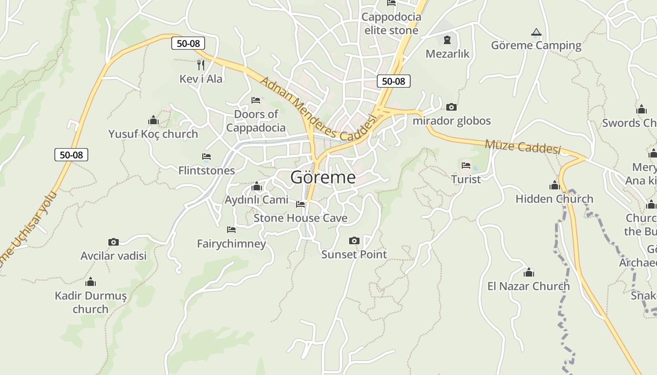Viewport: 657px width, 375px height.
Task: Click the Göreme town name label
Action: pyautogui.click(x=323, y=177)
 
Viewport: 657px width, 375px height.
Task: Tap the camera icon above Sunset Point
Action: pyautogui.click(x=354, y=241)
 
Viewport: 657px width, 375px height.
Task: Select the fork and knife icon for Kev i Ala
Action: pyautogui.click(x=201, y=65)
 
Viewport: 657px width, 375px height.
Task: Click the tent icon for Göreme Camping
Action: pyautogui.click(x=536, y=32)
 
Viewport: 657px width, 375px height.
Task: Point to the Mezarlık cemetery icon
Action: pyautogui.click(x=447, y=40)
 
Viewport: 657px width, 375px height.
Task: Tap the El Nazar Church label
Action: pyautogui.click(x=528, y=286)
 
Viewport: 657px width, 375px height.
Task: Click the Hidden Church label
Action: pyautogui.click(x=554, y=199)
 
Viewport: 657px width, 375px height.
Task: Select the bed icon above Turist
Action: pyautogui.click(x=466, y=165)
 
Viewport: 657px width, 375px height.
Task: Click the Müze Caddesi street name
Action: pyautogui.click(x=522, y=146)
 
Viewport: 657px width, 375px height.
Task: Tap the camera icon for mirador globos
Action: pyautogui.click(x=451, y=107)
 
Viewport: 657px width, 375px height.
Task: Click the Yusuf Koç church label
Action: pyautogui.click(x=153, y=134)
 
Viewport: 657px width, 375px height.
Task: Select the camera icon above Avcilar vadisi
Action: pyautogui.click(x=114, y=242)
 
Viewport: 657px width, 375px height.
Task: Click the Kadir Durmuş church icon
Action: pyautogui.click(x=91, y=282)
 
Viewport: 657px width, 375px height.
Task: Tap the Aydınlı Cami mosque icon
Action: pyautogui.click(x=256, y=187)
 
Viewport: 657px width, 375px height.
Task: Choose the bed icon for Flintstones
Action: pyautogui.click(x=206, y=157)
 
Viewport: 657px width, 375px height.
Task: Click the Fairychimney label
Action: pyautogui.click(x=231, y=244)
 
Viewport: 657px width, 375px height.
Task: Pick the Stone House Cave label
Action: pyautogui.click(x=300, y=218)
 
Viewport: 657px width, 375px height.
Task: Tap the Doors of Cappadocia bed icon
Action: pyautogui.click(x=256, y=100)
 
